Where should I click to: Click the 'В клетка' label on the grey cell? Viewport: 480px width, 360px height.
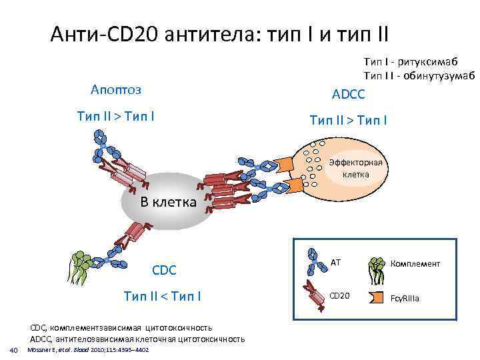(167, 202)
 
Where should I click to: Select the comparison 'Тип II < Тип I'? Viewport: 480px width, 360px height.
(163, 295)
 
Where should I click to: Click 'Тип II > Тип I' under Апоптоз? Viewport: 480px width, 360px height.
(116, 117)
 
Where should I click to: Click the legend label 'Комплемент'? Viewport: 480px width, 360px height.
(415, 263)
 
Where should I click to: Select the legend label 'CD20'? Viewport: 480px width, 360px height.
(339, 295)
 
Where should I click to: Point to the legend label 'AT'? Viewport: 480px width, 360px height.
(335, 262)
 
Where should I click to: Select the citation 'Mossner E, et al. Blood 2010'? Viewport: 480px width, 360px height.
(87, 350)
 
